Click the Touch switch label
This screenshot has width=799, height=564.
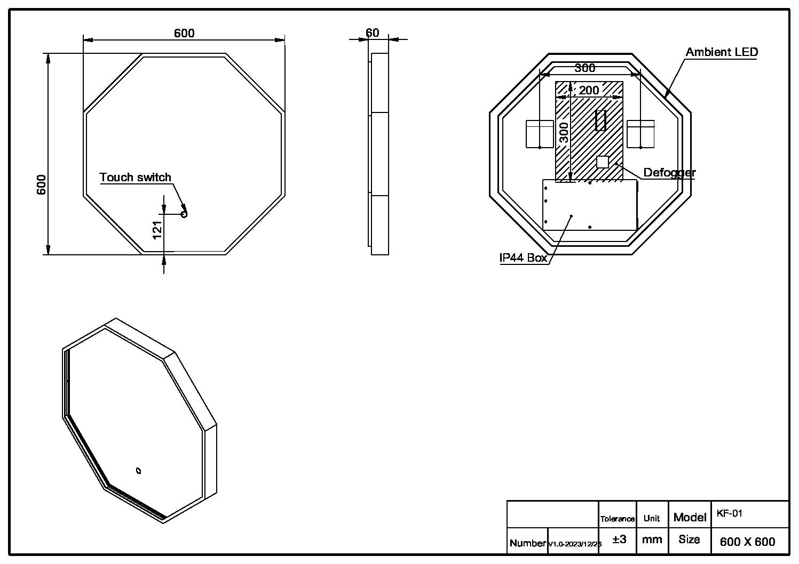135,178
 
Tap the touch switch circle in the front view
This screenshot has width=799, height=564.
185,214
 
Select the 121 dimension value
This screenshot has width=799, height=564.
157,230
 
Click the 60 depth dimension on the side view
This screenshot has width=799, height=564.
372,33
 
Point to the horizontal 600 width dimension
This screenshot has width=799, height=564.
184,33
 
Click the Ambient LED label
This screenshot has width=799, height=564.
722,52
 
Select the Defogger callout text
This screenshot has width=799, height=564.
669,172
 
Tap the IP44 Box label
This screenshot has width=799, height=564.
523,258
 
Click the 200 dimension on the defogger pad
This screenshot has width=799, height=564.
589,91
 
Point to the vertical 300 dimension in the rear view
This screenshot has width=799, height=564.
564,133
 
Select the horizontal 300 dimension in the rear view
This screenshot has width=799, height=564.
584,68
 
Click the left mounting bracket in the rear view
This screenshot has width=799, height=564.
540,134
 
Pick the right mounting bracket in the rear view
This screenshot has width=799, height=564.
640,134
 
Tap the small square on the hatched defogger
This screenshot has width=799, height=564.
603,162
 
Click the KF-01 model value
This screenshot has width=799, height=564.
729,513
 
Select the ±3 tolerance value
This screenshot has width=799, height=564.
619,539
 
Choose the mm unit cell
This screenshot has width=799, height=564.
652,539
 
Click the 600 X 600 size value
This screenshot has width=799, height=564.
747,542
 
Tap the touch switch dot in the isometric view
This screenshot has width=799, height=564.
139,471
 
